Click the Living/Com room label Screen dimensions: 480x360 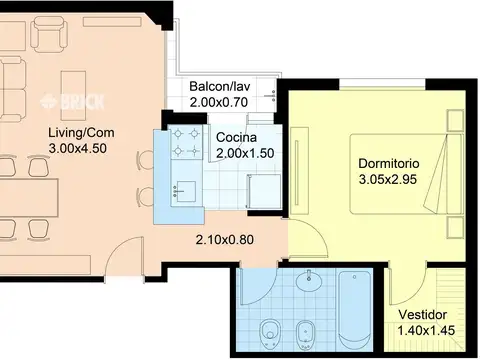coord(81,132)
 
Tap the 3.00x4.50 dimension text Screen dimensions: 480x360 coord(78,148)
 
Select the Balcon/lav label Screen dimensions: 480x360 coord(220,86)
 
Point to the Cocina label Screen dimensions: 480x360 coord(236,137)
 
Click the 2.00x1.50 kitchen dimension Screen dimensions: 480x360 coord(245,153)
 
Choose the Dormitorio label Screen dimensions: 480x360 coord(389,163)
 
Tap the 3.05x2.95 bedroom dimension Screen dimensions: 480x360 coord(388,179)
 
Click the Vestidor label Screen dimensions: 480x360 coord(423,315)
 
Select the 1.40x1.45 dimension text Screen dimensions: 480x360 coord(426,331)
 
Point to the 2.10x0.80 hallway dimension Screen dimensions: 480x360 coord(225,240)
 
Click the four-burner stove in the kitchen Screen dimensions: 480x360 coord(186,142)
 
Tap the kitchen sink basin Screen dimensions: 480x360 coord(186,191)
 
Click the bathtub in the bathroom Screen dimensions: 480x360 coord(354,309)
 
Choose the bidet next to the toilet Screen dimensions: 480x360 coord(305,334)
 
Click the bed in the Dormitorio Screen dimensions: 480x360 coord(406,174)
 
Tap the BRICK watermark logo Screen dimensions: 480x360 coord(72,102)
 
